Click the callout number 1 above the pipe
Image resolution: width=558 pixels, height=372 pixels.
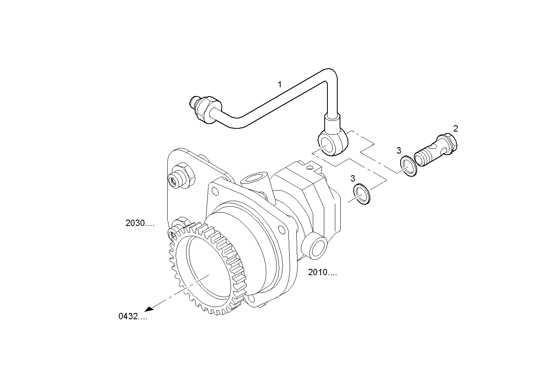tap(280, 84)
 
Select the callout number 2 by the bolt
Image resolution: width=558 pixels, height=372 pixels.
tap(455, 128)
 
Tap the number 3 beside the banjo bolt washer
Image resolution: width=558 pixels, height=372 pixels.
tap(399, 150)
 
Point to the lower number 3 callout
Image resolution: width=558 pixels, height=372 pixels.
tap(353, 178)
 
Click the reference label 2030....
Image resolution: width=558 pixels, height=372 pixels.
tap(139, 223)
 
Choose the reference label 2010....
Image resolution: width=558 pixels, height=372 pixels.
tap(322, 272)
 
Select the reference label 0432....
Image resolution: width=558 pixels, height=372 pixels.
tap(133, 316)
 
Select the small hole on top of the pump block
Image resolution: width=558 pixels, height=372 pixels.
tap(311, 168)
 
